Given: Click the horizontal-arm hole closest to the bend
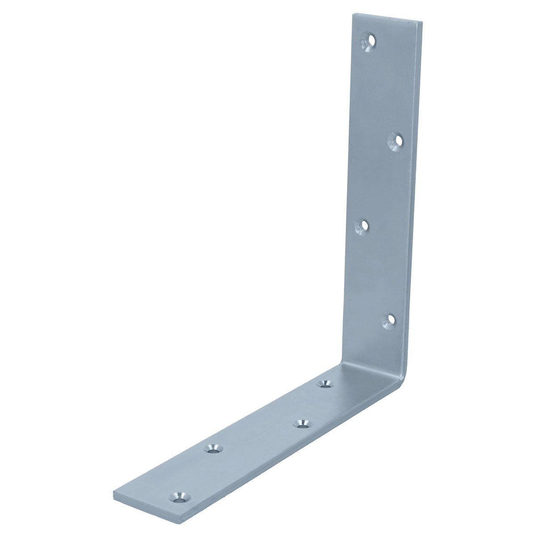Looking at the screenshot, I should tap(324, 384).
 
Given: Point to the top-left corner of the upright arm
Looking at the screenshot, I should tap(354, 14).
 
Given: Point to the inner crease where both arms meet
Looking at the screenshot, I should tap(344, 364).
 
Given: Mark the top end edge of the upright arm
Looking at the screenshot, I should tap(388, 17).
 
